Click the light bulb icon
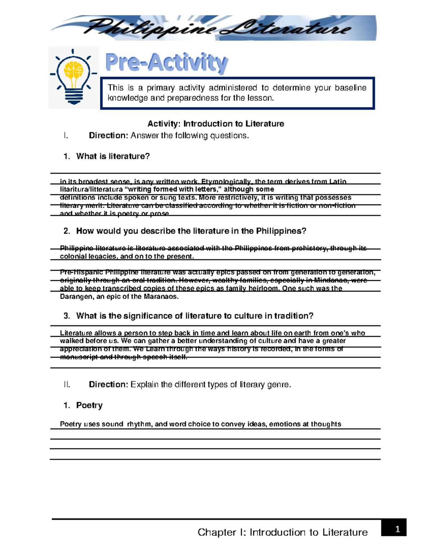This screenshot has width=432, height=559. click(x=74, y=77)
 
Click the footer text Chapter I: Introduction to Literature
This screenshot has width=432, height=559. click(x=283, y=532)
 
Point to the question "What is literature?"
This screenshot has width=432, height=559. click(x=113, y=156)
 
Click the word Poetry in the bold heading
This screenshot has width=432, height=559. click(x=89, y=405)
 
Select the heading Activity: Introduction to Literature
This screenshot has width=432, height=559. click(x=216, y=124)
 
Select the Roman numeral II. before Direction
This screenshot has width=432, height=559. click(x=67, y=384)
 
